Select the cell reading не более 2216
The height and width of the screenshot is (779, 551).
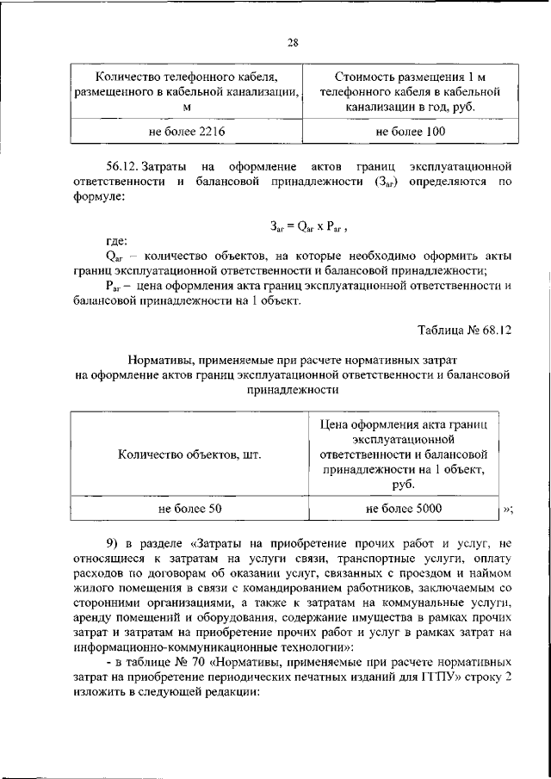click(187, 130)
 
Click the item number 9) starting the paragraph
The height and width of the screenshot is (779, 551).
click(115, 542)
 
